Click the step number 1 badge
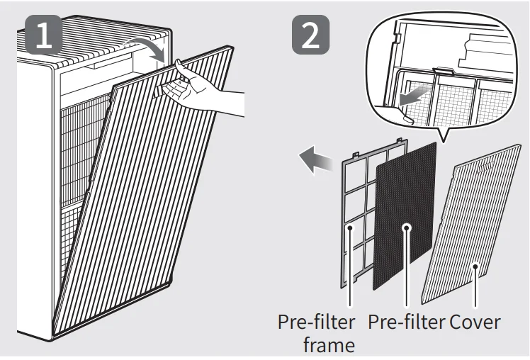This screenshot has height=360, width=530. tap(44, 35)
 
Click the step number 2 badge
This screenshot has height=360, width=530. tap(310, 35)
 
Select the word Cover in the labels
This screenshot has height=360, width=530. tap(475, 322)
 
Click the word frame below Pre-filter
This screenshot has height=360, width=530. tap(329, 345)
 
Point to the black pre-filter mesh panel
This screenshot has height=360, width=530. tap(404, 216)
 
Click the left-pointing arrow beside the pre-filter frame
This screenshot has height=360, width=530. tap(316, 159)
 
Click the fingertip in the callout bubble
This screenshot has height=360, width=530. tap(407, 118)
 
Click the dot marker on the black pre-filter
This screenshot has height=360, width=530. tap(407, 227)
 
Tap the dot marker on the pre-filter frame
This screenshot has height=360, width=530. tap(351, 227)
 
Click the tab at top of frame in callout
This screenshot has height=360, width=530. tap(443, 70)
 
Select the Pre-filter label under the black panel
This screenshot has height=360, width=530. tap(406, 322)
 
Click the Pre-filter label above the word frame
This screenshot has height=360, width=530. tap(317, 322)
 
